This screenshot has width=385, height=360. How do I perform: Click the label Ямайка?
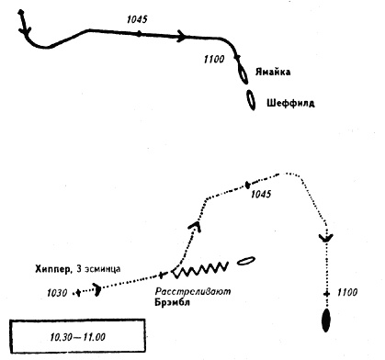tap(273, 73)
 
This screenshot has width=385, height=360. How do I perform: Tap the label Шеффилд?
tap(290, 103)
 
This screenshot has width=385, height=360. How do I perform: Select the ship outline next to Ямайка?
tap(243, 74)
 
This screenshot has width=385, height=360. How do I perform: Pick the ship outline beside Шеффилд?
tap(251, 100)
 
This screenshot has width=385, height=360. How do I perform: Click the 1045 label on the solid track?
tap(137, 19)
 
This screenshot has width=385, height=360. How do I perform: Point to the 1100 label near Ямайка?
tap(214, 59)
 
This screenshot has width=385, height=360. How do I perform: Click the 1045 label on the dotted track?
tap(261, 194)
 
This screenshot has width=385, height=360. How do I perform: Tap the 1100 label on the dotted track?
tap(347, 292)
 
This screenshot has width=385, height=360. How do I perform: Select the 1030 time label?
tap(57, 293)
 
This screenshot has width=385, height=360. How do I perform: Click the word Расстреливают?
tap(193, 291)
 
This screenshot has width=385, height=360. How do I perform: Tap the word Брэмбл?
tap(172, 302)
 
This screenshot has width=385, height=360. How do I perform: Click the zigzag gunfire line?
tap(200, 270)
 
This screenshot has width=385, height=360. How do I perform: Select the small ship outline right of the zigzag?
tap(246, 261)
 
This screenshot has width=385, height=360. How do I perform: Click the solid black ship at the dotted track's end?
tap(326, 321)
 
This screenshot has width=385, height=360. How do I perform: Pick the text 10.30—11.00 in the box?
tap(78, 337)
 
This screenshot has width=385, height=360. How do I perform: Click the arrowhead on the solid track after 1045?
tap(182, 36)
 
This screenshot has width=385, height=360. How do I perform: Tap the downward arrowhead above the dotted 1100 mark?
tap(326, 238)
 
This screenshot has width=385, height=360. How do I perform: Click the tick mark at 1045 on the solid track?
tap(139, 34)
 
